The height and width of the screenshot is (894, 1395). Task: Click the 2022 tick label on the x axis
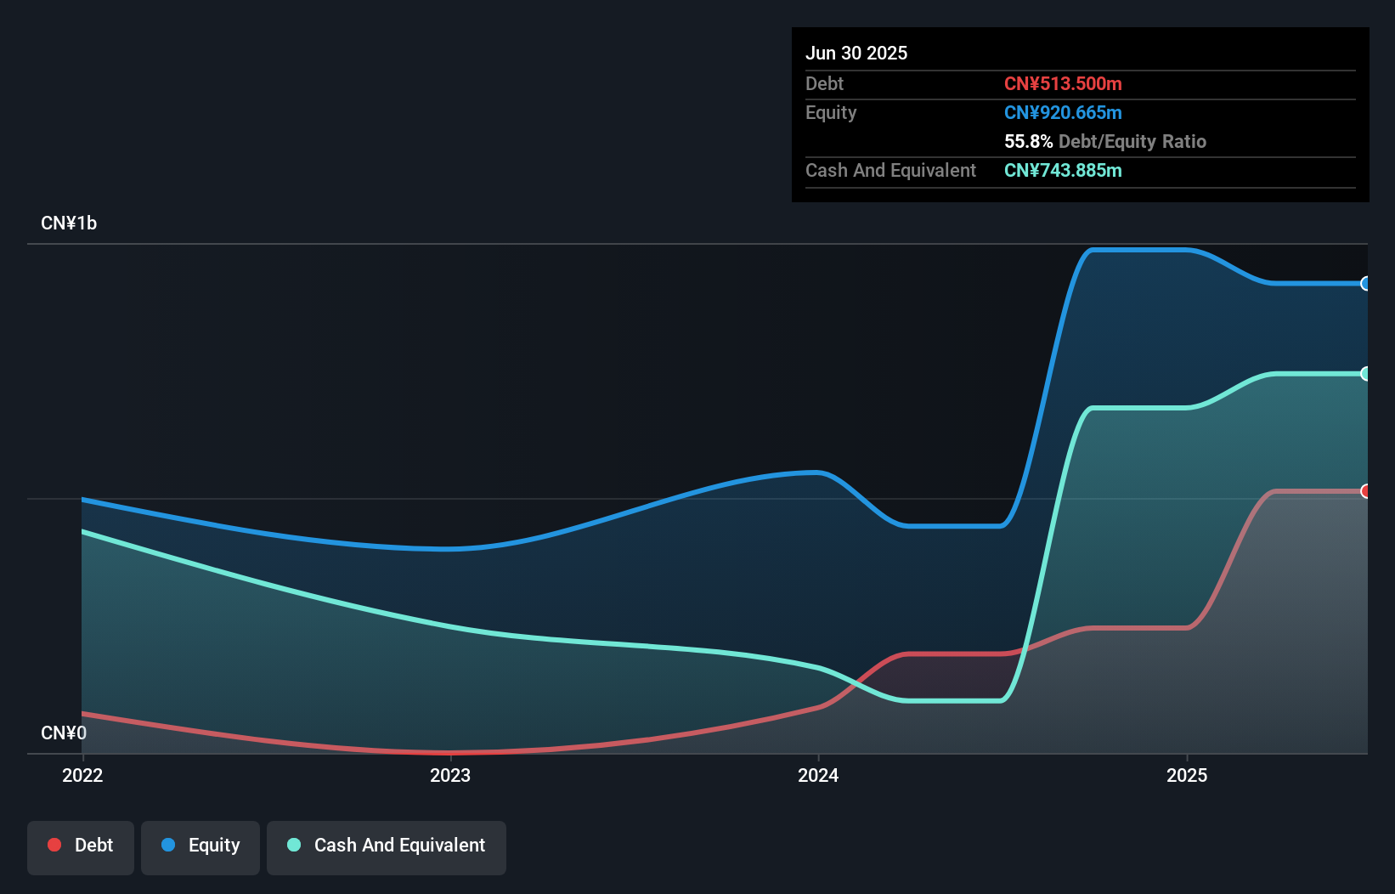tap(82, 775)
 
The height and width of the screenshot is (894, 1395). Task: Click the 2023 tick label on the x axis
tap(450, 775)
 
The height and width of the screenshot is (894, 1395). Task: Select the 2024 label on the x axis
tap(818, 775)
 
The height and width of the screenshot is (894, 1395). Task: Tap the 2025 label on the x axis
tap(1187, 775)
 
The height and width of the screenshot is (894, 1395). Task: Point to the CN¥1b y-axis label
tap(69, 223)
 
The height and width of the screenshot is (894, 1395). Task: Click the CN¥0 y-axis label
tap(64, 733)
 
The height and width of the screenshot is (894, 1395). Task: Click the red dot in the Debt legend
tap(54, 845)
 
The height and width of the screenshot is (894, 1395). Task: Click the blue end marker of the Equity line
tap(1365, 284)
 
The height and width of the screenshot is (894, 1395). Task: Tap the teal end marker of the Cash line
tap(1365, 374)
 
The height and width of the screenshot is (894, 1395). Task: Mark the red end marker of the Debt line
tap(1365, 491)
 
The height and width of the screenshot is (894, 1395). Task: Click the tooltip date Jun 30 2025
tap(856, 53)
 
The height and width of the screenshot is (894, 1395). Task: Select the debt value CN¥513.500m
tap(1063, 83)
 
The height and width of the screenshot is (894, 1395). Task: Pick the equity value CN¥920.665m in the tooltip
tap(1063, 112)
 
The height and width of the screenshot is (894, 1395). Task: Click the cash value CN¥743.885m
tap(1063, 170)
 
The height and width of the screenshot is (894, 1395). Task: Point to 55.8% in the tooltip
tap(1028, 141)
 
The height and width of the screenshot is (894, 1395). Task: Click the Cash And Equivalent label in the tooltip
tap(890, 170)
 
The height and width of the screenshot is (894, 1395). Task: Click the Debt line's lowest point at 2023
tap(450, 753)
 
